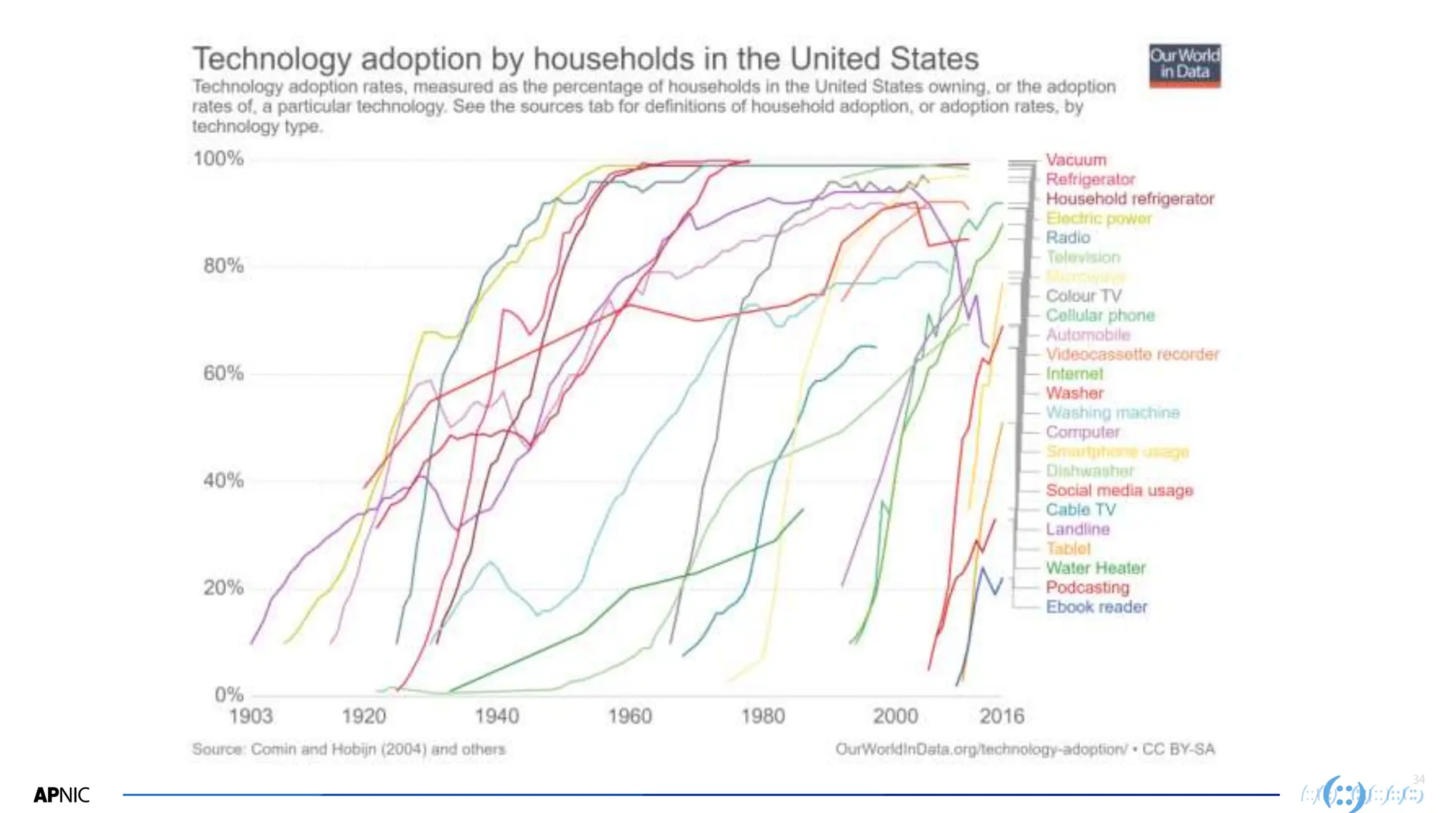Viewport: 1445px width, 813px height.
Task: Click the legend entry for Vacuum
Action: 1076,160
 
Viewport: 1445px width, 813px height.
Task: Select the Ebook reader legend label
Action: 1096,607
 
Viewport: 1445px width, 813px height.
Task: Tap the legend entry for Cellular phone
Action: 1100,315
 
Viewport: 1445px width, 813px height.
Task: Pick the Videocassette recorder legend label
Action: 1132,354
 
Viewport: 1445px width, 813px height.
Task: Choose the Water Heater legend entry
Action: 1095,568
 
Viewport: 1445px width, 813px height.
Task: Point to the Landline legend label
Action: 1077,529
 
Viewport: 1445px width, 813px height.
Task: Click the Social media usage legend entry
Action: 1119,490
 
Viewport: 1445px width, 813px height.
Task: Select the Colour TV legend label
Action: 1083,296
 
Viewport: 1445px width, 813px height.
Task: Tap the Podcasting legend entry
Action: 1087,587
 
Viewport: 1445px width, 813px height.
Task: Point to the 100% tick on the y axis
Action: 218,159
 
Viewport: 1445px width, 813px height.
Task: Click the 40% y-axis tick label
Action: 223,481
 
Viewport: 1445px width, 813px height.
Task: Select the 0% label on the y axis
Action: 229,694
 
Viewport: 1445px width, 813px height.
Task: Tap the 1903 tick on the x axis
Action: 250,716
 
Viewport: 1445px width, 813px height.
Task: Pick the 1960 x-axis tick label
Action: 629,716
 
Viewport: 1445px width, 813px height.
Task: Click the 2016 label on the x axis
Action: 1001,716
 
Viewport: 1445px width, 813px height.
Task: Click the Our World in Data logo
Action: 1185,66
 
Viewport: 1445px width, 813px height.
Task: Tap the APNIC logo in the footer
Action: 61,795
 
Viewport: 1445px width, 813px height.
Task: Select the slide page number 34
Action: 1419,779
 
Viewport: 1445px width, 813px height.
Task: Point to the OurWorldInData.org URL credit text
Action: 981,749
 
